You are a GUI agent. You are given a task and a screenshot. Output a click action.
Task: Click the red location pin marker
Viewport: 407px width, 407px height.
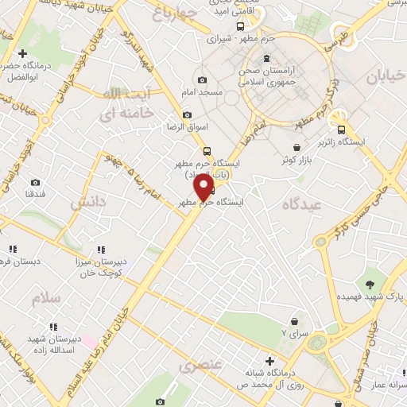point(204,188)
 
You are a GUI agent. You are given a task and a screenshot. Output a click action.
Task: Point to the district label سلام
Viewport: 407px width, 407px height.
point(45,298)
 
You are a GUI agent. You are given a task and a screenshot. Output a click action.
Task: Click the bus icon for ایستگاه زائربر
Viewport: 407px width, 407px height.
point(341,130)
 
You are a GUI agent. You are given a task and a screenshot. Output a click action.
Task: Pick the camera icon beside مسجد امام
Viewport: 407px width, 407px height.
point(202,80)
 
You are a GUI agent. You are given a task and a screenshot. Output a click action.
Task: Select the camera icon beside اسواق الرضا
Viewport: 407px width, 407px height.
point(187,114)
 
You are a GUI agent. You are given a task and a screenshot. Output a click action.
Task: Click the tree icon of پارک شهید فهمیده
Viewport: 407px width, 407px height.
point(370,283)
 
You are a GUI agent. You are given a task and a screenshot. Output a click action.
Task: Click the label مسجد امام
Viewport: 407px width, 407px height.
point(202,94)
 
